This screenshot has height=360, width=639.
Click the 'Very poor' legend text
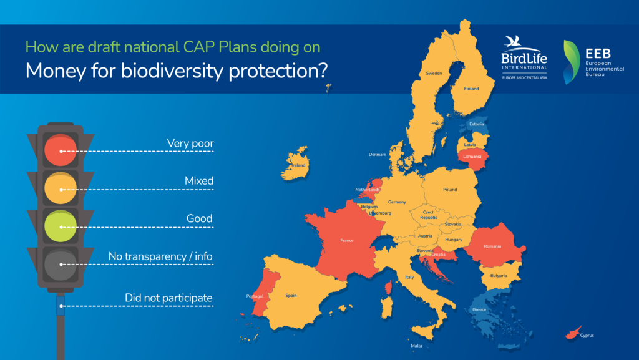tap(190, 144)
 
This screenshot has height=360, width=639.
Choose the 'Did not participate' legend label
tap(168, 298)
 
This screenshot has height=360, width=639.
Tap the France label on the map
tap(347, 240)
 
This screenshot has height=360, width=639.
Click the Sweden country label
tap(434, 73)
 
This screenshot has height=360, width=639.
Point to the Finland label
tap(471, 89)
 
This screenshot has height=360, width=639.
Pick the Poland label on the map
tap(450, 189)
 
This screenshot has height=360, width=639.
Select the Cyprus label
tap(587, 336)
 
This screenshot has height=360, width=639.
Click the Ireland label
tap(298, 165)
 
